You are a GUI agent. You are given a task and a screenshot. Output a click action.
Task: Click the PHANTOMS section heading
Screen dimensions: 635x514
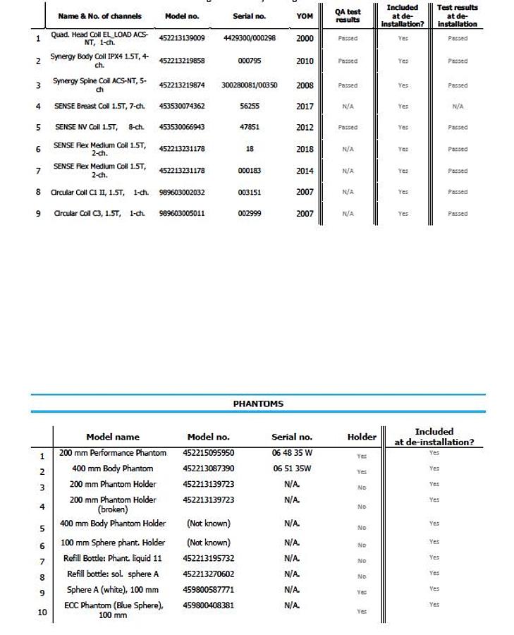(257, 404)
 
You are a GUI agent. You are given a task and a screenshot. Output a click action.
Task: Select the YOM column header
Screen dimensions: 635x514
(305, 16)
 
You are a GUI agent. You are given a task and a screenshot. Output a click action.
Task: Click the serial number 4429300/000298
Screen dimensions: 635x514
(249, 38)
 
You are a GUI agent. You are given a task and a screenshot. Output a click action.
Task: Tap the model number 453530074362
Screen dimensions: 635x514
(182, 106)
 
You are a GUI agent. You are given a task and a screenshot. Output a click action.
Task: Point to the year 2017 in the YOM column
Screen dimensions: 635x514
(305, 106)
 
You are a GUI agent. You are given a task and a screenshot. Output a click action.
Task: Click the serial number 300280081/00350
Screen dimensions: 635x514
(249, 85)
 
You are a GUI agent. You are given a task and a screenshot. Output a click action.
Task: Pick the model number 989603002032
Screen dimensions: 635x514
(182, 192)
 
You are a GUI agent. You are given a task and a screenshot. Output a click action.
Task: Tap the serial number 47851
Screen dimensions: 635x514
(249, 127)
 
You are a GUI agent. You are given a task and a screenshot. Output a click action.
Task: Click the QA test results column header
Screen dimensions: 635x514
(348, 16)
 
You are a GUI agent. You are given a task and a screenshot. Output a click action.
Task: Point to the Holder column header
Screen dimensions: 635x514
(362, 437)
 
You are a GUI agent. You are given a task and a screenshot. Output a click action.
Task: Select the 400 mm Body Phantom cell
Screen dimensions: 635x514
(112, 468)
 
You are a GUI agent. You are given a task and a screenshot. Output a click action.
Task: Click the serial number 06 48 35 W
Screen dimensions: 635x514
(292, 453)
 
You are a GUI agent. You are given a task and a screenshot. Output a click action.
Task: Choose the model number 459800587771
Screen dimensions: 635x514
(209, 589)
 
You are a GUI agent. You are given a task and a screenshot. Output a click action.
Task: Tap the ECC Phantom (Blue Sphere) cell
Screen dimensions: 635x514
(113, 610)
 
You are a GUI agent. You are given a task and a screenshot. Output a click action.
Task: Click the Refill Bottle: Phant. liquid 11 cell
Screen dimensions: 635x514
(113, 558)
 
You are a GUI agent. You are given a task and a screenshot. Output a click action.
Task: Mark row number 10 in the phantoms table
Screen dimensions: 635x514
(42, 612)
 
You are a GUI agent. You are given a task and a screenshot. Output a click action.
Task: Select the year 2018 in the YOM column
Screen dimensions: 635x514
(305, 149)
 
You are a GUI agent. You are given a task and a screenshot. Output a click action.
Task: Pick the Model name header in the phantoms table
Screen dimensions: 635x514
(113, 437)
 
